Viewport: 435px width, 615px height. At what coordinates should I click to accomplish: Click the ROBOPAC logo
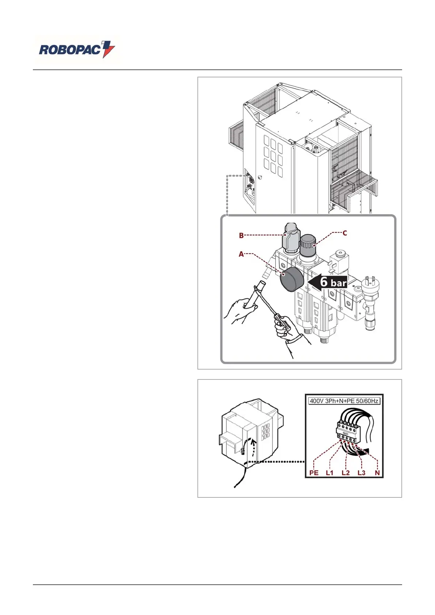click(77, 50)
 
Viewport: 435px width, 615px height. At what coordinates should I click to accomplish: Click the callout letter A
click(241, 254)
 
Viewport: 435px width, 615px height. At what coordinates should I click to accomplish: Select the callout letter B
click(241, 236)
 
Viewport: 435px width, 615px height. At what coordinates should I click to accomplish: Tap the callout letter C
click(344, 233)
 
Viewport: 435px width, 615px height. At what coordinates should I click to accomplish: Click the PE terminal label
click(314, 473)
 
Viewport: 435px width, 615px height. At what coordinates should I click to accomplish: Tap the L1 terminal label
click(330, 473)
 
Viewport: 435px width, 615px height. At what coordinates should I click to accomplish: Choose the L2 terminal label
click(345, 473)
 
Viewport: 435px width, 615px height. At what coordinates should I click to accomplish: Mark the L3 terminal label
click(361, 473)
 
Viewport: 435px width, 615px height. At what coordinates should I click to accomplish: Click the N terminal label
click(377, 473)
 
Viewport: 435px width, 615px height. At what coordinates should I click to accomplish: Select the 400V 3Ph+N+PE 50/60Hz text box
click(344, 401)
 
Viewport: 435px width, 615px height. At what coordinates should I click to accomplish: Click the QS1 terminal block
click(345, 431)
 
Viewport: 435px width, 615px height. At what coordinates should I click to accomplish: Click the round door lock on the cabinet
click(260, 177)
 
